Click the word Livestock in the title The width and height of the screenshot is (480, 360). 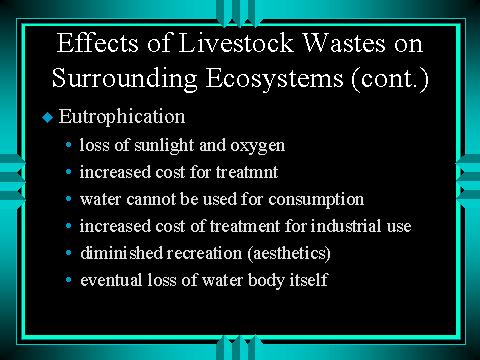point(236,43)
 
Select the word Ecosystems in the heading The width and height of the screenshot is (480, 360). point(274,79)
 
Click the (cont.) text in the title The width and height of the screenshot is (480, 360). point(390,79)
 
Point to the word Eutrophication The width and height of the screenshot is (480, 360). point(122,117)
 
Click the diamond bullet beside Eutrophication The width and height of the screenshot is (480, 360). point(48,117)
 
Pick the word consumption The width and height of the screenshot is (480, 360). point(316,200)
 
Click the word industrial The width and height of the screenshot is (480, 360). point(346,226)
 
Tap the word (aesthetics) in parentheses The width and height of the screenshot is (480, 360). point(289,253)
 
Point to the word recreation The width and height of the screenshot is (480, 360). point(204,253)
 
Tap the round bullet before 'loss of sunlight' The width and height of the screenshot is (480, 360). point(69,145)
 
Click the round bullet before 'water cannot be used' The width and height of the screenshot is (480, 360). point(69,199)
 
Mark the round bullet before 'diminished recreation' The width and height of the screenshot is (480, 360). point(69,253)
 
